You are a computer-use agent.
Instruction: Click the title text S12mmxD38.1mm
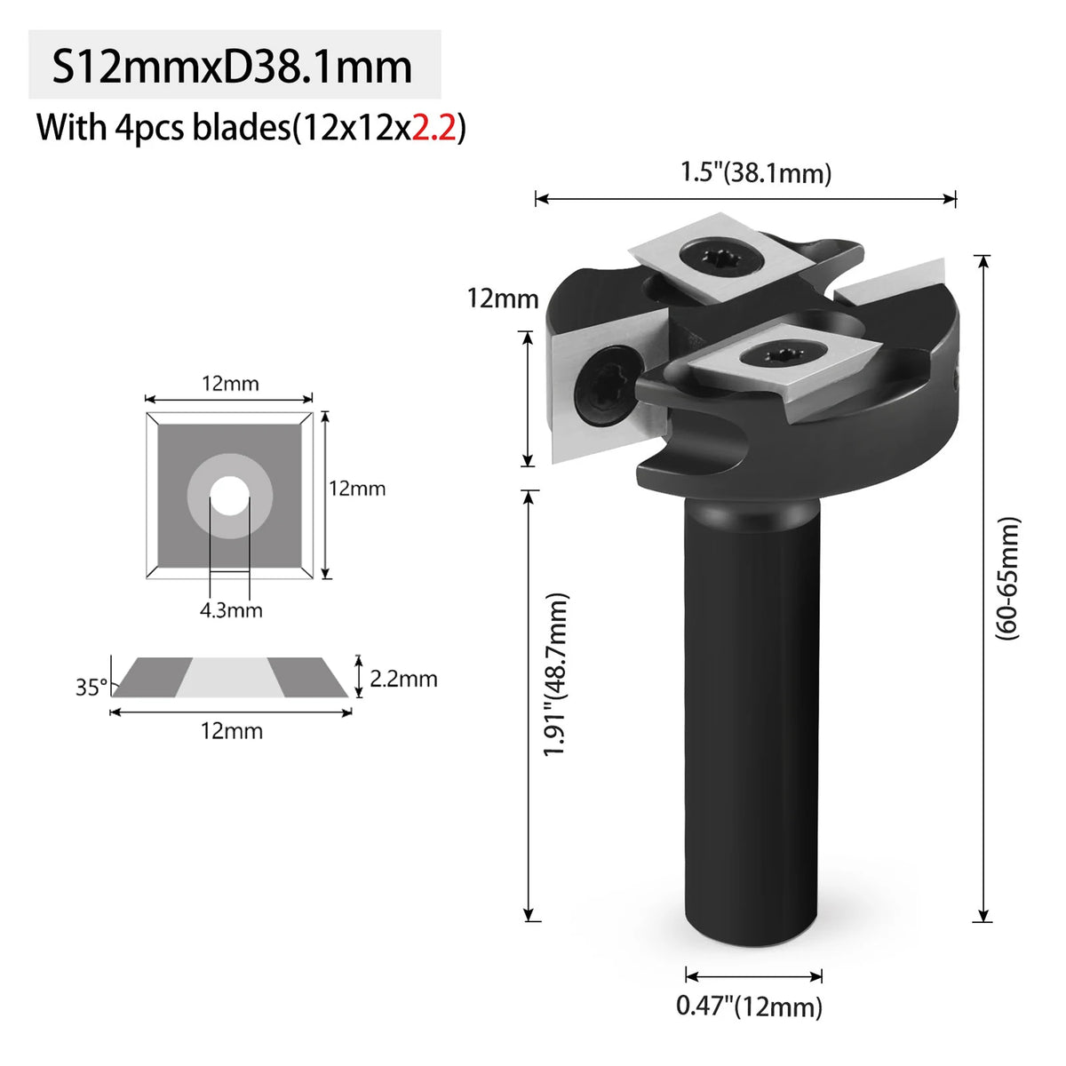232,67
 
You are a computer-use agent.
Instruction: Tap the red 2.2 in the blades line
434,128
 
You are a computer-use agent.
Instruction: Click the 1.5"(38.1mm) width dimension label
756,172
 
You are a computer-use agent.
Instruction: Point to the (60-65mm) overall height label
1006,578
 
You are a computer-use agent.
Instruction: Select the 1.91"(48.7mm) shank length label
555,674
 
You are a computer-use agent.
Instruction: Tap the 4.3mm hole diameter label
231,610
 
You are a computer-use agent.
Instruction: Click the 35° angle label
91,687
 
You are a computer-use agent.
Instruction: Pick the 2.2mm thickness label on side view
403,679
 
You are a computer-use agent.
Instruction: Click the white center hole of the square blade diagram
229,496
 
